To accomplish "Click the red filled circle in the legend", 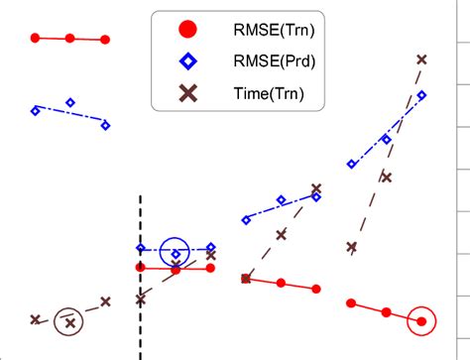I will tap(185, 29).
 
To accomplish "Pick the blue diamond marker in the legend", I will tap(185, 61).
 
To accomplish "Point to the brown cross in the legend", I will tap(185, 93).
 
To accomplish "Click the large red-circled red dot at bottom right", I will tap(422, 320).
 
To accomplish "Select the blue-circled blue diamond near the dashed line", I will tap(176, 254).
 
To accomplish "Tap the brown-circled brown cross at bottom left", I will tap(69, 320).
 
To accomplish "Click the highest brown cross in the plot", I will tap(422, 60).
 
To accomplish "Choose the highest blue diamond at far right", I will tap(422, 95).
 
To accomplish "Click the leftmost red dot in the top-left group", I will tap(35, 38).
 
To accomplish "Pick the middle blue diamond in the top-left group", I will tap(69, 101).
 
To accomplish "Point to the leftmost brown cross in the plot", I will tap(35, 319).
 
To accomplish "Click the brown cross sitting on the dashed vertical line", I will tap(140, 299).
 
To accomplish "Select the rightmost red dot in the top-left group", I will tap(105, 40).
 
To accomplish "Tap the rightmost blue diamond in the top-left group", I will tap(105, 125).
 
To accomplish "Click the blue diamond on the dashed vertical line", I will tap(140, 248).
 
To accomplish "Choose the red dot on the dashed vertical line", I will tap(140, 267).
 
